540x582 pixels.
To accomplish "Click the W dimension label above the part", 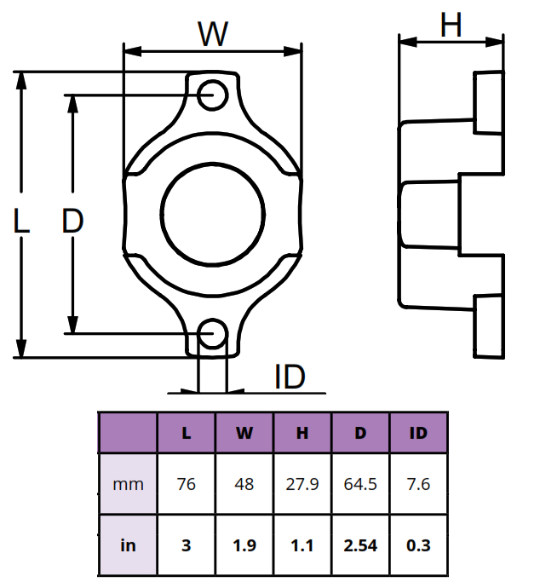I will coord(213,34).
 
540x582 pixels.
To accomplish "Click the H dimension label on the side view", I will coord(451,26).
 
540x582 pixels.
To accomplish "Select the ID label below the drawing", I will coord(290,377).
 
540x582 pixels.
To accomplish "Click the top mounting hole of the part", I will coord(212,94).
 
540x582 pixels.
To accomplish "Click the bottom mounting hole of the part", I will coord(212,331).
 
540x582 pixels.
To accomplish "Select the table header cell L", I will coord(187,433).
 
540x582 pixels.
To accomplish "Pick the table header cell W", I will coord(244,433).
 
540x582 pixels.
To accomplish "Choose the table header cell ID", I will coord(418,433).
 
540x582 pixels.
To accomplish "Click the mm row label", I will coord(128,484).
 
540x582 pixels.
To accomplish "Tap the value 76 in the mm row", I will coord(187,484).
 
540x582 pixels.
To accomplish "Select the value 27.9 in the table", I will coord(302,484).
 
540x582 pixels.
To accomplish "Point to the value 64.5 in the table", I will coord(360,484).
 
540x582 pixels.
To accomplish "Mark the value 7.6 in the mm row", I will coord(418,484).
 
